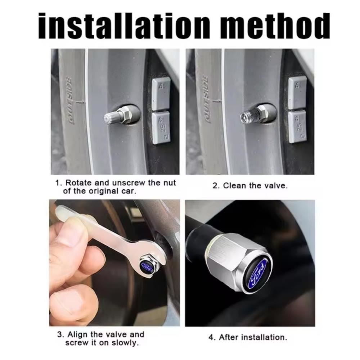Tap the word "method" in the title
pos(275,25)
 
